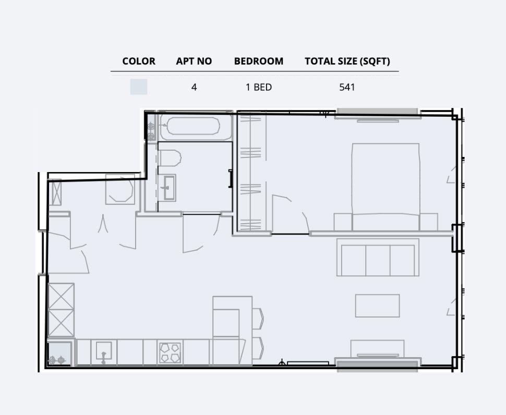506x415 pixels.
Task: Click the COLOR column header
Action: point(139,61)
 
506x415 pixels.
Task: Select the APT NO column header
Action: point(194,61)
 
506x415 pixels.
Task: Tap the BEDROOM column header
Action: point(259,61)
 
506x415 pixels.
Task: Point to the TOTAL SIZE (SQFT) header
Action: point(347,61)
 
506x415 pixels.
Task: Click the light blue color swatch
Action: point(139,87)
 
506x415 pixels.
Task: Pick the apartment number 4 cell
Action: point(194,87)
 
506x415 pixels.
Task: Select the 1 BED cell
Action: point(259,87)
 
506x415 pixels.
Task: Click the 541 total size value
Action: point(347,87)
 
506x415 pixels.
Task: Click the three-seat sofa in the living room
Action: point(378,257)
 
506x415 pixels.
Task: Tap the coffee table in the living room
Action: point(377,306)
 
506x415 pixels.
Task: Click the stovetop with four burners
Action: point(170,352)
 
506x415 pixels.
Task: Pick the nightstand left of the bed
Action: point(342,221)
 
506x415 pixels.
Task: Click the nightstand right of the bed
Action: point(428,221)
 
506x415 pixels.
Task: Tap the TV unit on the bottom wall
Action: point(377,348)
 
